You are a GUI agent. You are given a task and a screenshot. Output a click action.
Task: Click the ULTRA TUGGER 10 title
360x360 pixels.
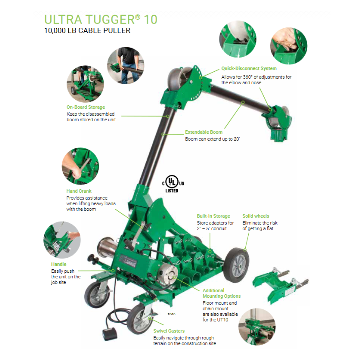(101, 19)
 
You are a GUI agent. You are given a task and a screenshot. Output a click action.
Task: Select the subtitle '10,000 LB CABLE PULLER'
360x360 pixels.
(87, 31)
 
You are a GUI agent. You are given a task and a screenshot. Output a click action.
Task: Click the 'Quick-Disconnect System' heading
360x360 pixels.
(249, 68)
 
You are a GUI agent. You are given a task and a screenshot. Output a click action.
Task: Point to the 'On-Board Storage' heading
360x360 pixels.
(86, 107)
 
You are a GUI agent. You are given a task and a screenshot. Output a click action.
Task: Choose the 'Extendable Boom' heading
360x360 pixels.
(204, 132)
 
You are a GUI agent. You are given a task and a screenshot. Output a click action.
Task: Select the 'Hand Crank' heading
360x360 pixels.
(79, 191)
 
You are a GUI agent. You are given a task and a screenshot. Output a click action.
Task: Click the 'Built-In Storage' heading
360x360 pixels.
(213, 216)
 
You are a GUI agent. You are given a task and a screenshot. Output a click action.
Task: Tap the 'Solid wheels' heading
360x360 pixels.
(256, 216)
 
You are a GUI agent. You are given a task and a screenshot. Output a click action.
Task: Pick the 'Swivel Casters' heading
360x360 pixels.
(169, 331)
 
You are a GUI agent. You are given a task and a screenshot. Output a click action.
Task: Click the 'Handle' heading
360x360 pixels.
(59, 264)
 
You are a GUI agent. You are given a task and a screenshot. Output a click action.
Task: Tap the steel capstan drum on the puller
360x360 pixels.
(107, 247)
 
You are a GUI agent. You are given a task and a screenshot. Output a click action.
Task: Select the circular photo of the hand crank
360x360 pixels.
(80, 166)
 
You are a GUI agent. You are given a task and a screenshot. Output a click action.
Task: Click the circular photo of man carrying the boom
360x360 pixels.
(126, 66)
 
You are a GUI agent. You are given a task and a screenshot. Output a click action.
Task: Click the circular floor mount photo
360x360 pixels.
(257, 327)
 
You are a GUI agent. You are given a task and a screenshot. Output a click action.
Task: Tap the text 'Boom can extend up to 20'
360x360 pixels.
(212, 139)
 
